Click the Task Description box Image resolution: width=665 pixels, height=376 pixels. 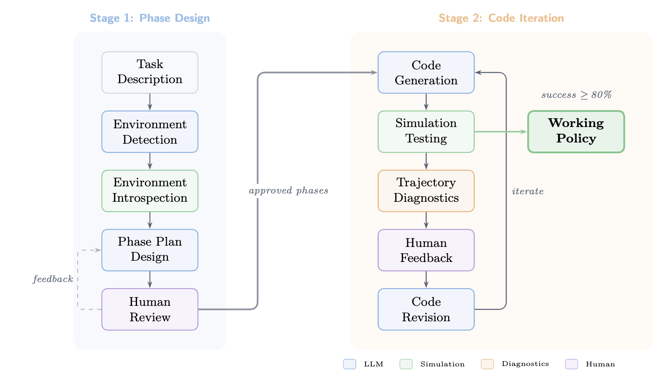pos(150,72)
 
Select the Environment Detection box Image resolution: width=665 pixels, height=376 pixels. pos(150,132)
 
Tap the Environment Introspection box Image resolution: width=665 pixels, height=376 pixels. pos(150,191)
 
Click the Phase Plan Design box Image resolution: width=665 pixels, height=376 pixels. pos(150,250)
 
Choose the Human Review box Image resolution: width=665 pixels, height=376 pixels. pos(150,309)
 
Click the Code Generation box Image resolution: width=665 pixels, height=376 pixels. pos(426,72)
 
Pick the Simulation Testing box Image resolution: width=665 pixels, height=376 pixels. pos(426,132)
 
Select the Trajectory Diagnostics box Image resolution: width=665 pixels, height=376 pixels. pos(426,191)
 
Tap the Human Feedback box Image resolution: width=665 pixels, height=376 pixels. pos(426,250)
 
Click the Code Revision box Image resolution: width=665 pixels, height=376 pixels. pos(426,309)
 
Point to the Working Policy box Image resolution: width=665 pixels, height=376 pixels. pos(576,132)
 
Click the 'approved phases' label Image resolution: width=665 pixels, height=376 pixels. pos(288,191)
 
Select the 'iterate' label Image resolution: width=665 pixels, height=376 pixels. pos(528,191)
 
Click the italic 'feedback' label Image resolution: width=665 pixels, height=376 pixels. pos(53,279)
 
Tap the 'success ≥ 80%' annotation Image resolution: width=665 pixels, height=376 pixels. pos(576,95)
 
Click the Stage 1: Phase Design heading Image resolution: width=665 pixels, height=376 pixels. pos(150,18)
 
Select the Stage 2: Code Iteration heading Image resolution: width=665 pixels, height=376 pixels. pos(501,18)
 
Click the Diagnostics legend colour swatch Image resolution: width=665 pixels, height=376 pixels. pos(487,364)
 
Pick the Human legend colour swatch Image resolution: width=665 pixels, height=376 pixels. pos(571,364)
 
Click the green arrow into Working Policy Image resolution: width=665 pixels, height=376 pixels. pos(501,132)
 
